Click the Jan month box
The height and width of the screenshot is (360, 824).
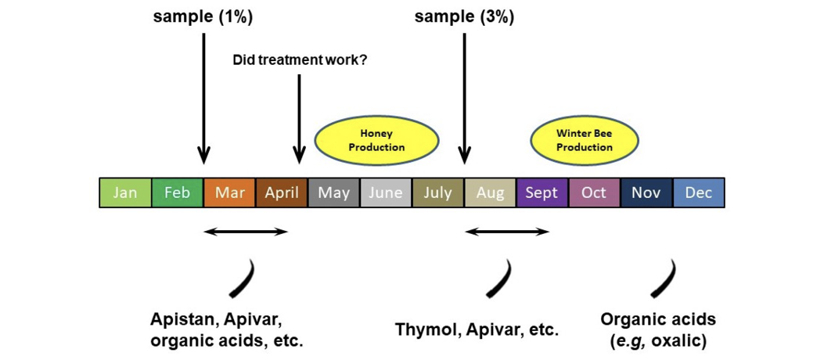[125, 193]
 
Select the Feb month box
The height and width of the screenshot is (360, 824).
[178, 193]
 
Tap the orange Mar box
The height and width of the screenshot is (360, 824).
[230, 193]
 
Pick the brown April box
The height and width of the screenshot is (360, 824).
[282, 193]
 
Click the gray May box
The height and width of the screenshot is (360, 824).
[334, 193]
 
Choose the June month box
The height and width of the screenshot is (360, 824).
[386, 193]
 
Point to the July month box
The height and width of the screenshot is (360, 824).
[438, 193]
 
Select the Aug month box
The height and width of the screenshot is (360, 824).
[490, 193]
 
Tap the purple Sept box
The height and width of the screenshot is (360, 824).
[542, 193]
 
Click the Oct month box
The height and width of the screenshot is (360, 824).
[594, 193]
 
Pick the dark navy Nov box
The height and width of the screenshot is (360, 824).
[646, 193]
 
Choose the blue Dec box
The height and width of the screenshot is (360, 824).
[699, 193]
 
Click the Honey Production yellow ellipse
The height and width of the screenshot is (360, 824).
[376, 141]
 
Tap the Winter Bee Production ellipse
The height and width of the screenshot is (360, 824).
[585, 141]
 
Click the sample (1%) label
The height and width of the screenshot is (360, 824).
[203, 16]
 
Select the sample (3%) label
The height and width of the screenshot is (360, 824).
[464, 16]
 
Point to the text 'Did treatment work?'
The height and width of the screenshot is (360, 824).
[300, 60]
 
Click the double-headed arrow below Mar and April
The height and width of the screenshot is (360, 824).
[246, 232]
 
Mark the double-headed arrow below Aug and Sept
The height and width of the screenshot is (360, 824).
[507, 232]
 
